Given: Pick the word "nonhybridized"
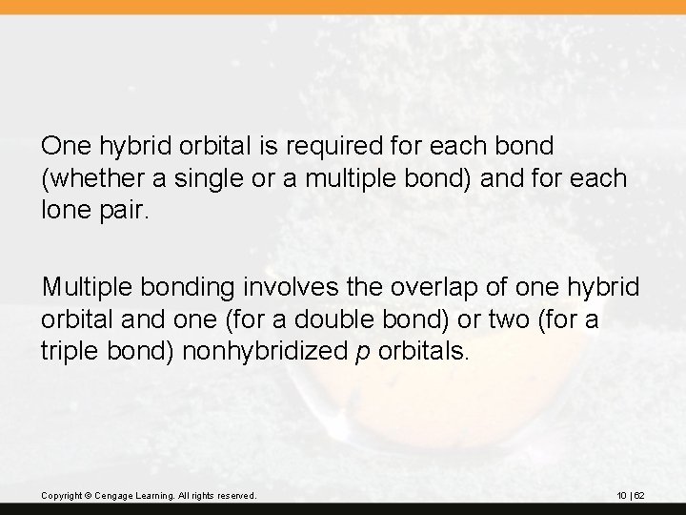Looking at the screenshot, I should (266, 350).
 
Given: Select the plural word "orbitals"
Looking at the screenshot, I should (424, 350).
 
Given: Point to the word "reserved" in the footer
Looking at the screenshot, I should (233, 496).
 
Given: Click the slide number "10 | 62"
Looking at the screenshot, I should (631, 496).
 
